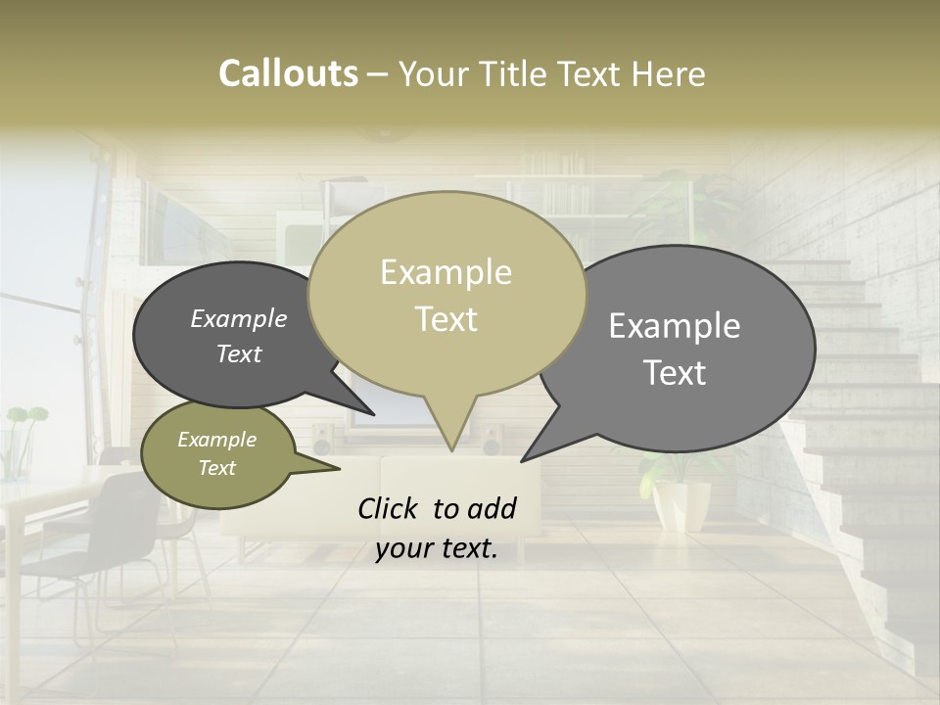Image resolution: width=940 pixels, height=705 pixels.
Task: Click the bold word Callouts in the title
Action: (288, 73)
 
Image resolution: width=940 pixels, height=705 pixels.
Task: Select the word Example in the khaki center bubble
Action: (446, 272)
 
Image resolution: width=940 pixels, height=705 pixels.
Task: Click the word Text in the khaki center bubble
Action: (446, 319)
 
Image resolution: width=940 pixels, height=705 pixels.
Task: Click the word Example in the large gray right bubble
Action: (675, 326)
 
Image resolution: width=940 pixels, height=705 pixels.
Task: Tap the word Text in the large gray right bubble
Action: (675, 373)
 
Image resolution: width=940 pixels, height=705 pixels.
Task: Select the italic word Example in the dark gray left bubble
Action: (238, 319)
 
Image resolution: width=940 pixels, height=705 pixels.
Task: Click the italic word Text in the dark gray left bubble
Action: (238, 353)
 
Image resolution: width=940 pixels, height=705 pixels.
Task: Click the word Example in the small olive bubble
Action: (216, 440)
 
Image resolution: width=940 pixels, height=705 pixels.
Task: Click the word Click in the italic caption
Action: (391, 508)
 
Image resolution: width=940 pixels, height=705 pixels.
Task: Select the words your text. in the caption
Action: (436, 548)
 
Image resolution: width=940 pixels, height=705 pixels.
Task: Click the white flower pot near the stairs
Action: (681, 503)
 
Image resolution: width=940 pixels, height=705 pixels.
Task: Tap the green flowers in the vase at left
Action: (25, 416)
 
